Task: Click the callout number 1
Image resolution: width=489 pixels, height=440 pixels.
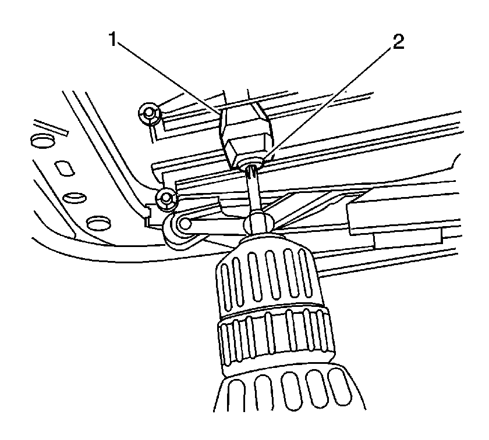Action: tap(113, 40)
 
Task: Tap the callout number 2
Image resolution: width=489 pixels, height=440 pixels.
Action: tap(398, 42)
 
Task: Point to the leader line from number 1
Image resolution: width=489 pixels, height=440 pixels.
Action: tap(168, 77)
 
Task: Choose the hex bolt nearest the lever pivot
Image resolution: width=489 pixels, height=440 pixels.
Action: tap(166, 198)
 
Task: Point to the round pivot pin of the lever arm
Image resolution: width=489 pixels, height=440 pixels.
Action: tap(185, 223)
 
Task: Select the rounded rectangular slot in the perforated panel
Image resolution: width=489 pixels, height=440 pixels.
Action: tap(65, 168)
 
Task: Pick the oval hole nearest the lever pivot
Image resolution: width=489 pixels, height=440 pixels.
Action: tap(98, 223)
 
